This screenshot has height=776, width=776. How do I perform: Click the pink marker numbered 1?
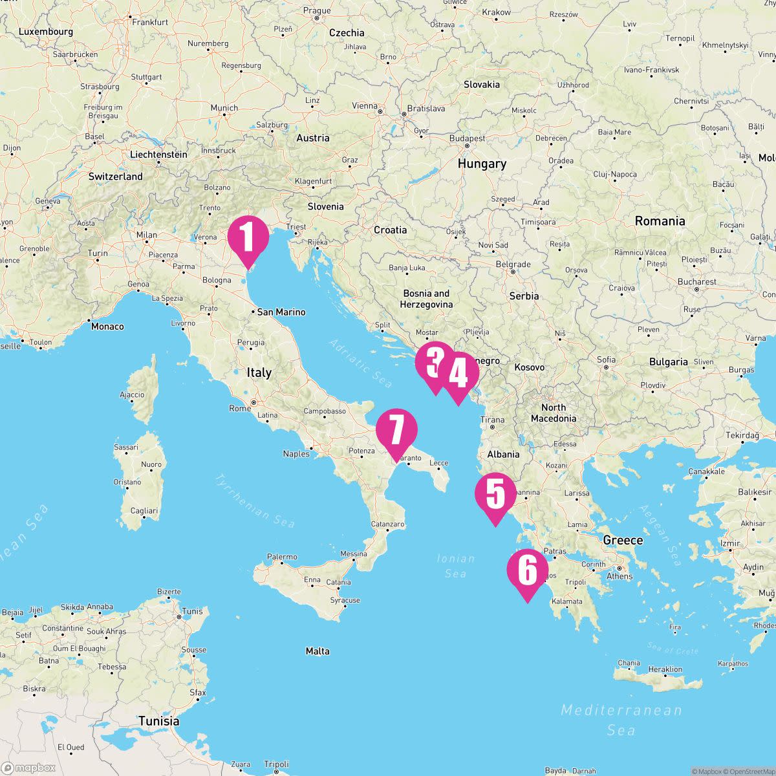(x=248, y=237)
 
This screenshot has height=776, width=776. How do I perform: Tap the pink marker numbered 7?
(x=396, y=431)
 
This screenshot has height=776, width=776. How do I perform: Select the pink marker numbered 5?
(x=495, y=495)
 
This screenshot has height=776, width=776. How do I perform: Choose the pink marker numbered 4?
(x=458, y=374)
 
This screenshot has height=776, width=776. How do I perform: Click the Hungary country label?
(x=482, y=164)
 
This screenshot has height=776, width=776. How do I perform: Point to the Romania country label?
(x=660, y=221)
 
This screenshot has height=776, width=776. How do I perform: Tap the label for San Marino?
(x=281, y=312)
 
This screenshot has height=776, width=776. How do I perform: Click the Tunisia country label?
(x=158, y=721)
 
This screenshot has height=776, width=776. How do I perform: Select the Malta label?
(x=318, y=651)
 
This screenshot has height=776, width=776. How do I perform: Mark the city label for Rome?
(x=240, y=408)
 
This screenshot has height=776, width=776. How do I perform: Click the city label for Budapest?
(x=467, y=138)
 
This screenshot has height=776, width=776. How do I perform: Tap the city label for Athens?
(x=620, y=576)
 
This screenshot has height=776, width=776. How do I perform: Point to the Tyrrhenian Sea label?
(x=255, y=501)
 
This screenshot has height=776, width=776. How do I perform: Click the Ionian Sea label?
(x=456, y=566)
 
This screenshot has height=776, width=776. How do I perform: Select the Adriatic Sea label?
(x=361, y=363)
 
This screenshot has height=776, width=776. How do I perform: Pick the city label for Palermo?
(x=282, y=557)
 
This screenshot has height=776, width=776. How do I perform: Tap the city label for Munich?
(x=224, y=108)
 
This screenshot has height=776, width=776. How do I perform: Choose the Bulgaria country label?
(x=668, y=362)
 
